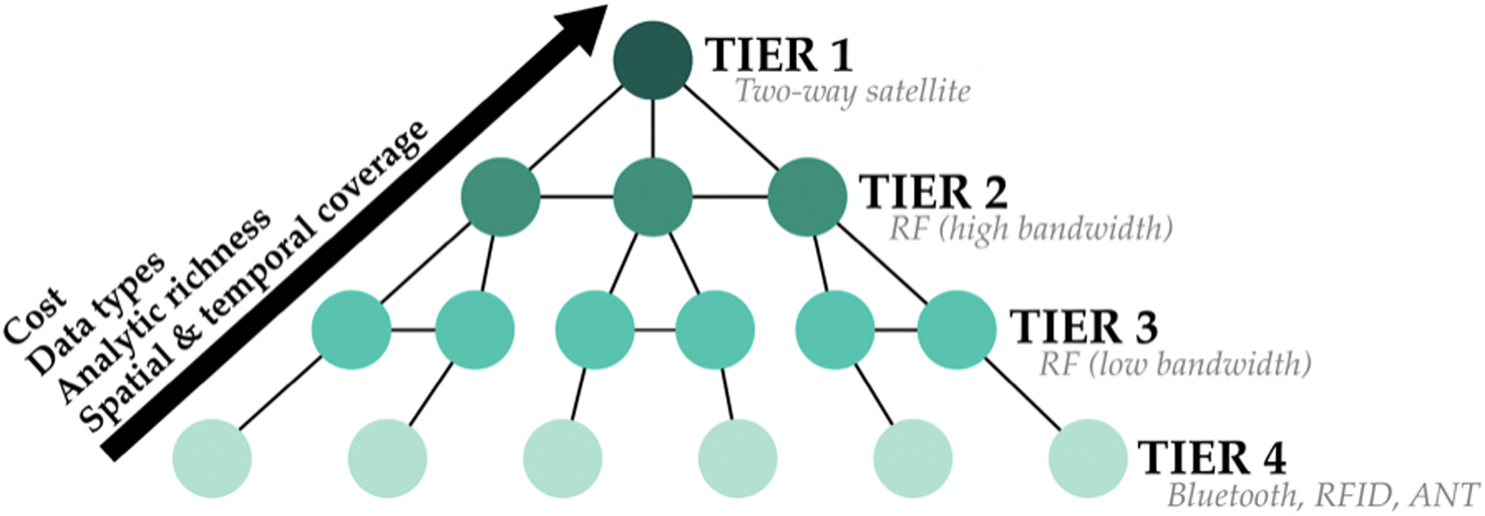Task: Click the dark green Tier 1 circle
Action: tap(653, 60)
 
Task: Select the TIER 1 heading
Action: tap(779, 55)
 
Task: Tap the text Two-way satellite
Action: tap(852, 91)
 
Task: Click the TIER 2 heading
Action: tap(933, 193)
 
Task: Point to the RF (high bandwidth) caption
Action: tap(1030, 228)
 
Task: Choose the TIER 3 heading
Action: tap(1083, 326)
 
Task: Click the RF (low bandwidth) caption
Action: tap(1175, 364)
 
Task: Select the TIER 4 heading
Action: tap(1211, 458)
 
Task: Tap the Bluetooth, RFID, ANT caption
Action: tap(1323, 495)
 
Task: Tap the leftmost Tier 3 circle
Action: tap(351, 330)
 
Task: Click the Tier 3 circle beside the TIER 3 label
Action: tap(957, 330)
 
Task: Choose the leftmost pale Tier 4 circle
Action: tap(212, 458)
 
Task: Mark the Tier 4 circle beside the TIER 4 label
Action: tap(1088, 458)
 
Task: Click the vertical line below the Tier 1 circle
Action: tap(653, 129)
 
